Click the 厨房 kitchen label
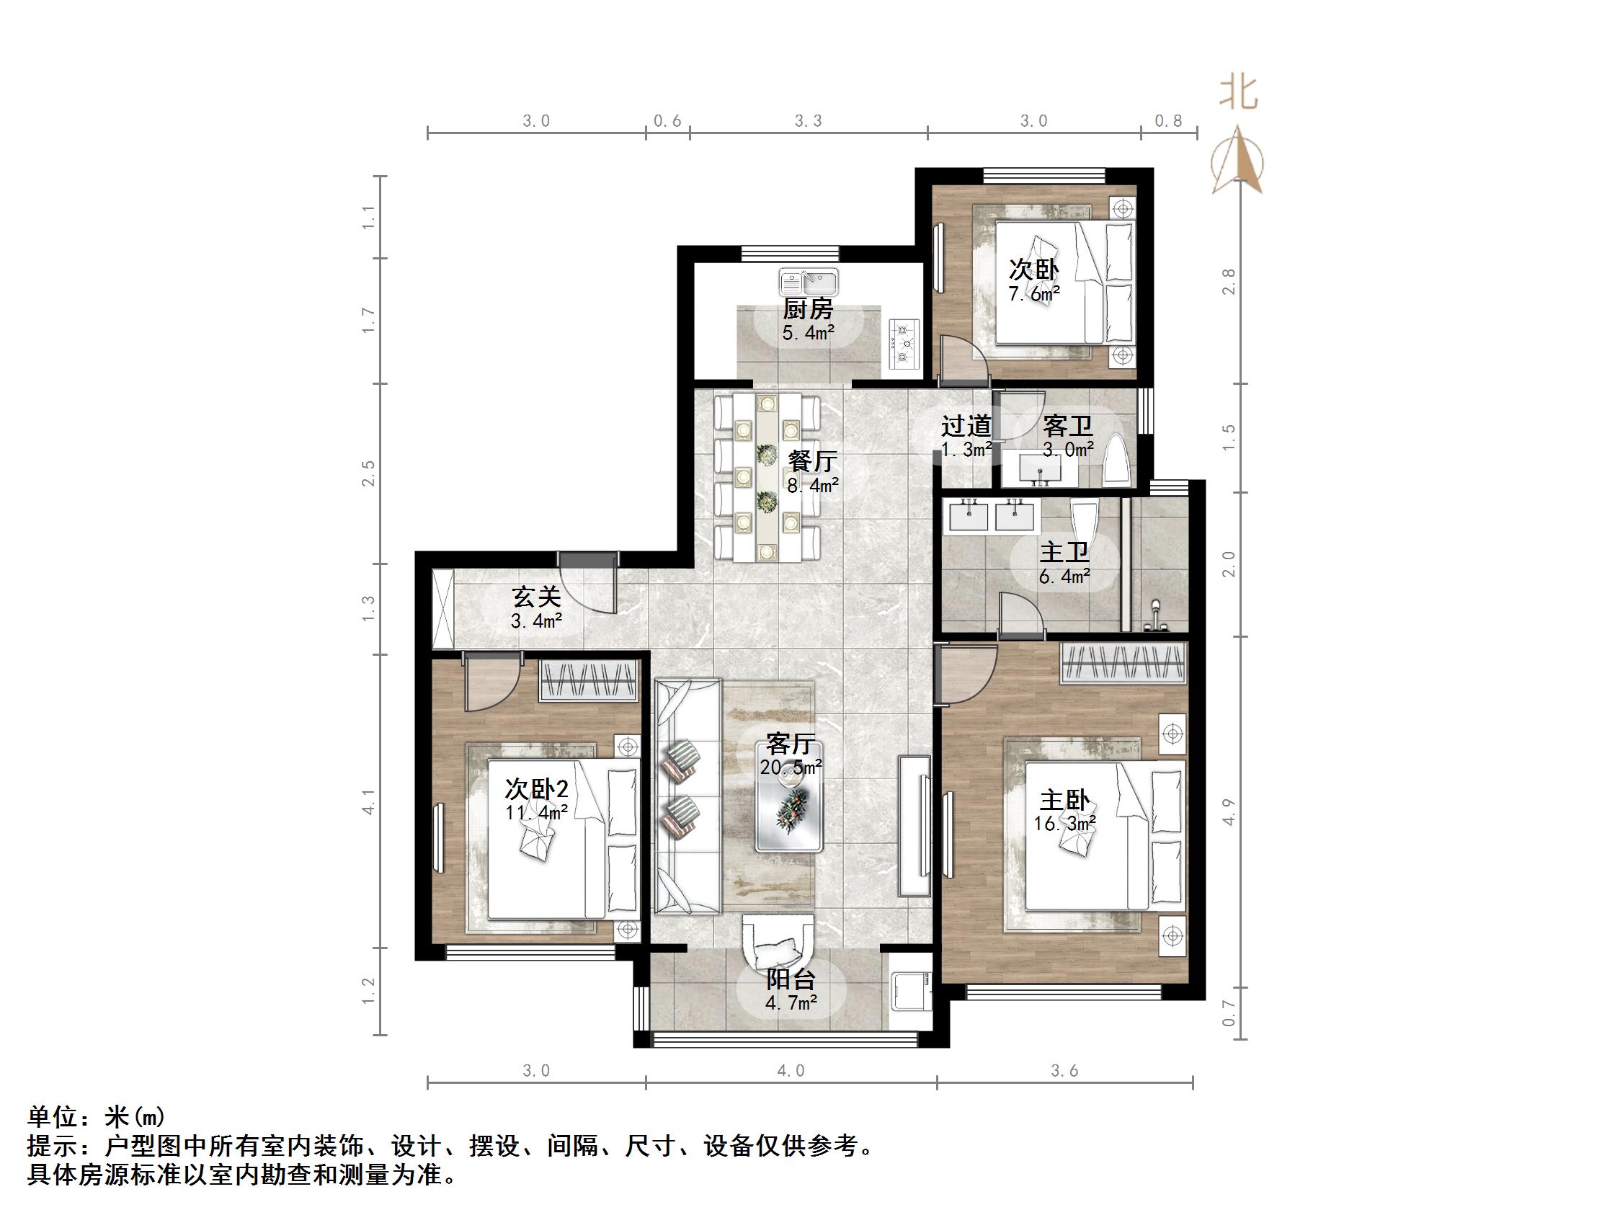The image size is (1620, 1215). (808, 309)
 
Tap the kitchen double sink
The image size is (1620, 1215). (810, 281)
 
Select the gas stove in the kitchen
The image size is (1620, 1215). (905, 343)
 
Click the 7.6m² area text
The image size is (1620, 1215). (1034, 295)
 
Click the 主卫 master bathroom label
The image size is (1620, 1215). (1064, 551)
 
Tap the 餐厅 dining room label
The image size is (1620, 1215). (812, 460)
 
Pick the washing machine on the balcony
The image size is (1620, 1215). (911, 990)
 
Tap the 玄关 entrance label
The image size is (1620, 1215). (536, 597)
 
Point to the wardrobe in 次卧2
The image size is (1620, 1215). (588, 680)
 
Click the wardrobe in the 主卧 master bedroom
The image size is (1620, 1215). (1123, 663)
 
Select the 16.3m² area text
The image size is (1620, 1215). (1064, 824)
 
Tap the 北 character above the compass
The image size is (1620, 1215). (1239, 93)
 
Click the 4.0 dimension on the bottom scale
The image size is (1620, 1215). (791, 1071)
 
